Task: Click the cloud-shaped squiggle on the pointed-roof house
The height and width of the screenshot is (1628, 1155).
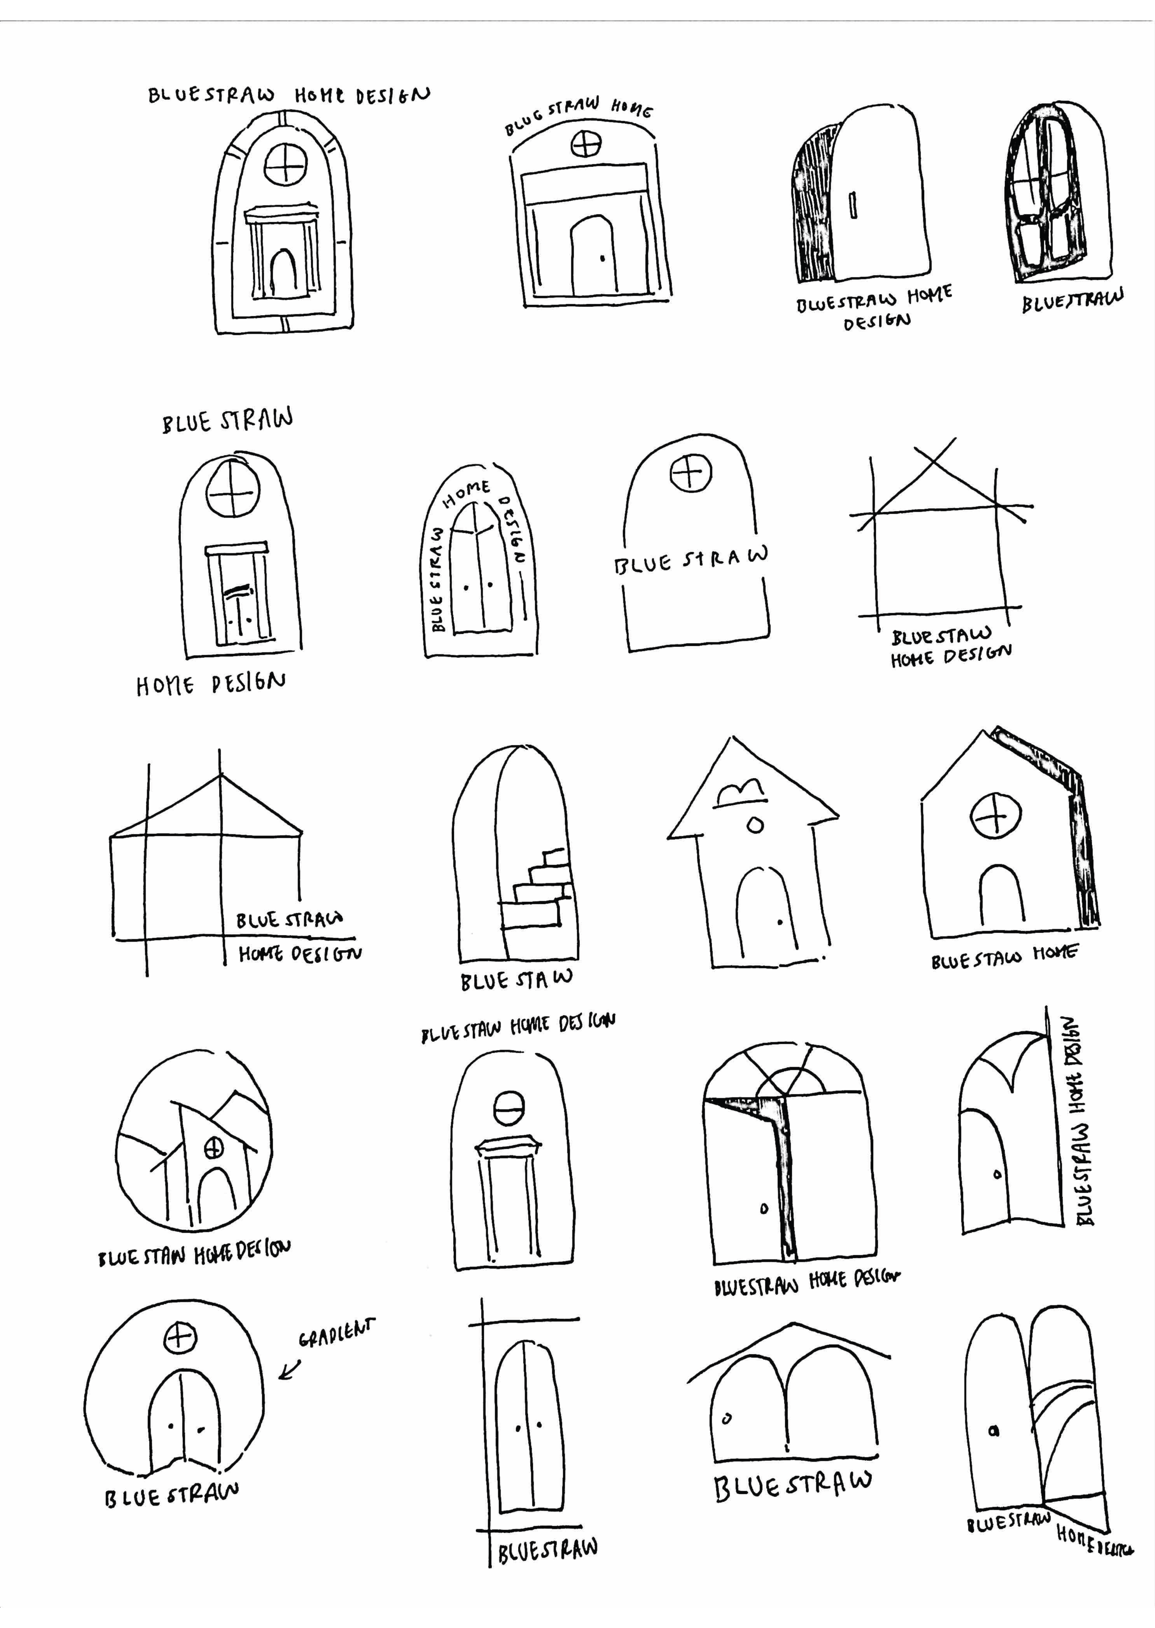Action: (x=741, y=792)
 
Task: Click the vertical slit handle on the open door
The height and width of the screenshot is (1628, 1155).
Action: (x=853, y=205)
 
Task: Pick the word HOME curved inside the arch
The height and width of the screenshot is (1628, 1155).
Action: (x=467, y=493)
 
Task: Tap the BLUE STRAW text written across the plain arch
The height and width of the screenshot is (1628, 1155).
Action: (x=692, y=559)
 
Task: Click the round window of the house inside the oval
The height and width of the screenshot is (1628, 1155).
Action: (x=213, y=1147)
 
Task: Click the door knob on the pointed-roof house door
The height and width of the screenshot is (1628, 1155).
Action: (x=780, y=923)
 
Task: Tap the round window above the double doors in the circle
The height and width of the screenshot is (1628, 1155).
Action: (x=179, y=1339)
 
